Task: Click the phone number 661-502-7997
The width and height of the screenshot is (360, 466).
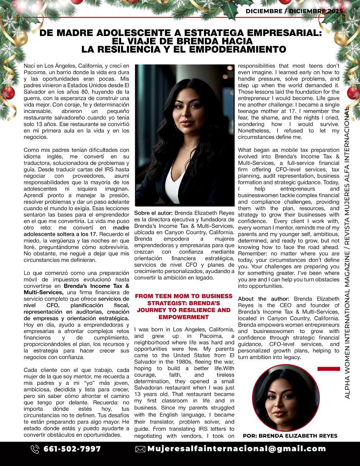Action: tap(72, 449)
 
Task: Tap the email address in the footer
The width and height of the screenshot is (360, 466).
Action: tap(236, 449)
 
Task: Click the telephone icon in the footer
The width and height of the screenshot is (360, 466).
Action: tap(35, 449)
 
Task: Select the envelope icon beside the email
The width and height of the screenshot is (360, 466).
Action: tap(140, 449)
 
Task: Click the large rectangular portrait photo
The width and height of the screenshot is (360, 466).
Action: tap(185, 135)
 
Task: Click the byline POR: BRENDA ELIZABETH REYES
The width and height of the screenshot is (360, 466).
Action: tap(290, 436)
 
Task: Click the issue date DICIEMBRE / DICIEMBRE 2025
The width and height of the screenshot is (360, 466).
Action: tap(294, 11)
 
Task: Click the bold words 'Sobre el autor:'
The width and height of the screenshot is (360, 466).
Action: tap(153, 213)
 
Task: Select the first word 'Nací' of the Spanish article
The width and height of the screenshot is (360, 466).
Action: tap(29, 66)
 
